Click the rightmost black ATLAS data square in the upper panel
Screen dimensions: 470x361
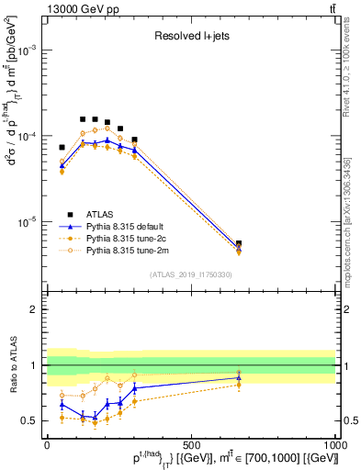(x=239, y=244)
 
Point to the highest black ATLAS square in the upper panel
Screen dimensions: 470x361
(x=83, y=119)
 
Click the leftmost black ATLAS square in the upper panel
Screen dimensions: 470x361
(x=62, y=147)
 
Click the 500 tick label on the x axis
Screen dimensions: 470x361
(x=191, y=444)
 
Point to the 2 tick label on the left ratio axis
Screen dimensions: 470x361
(x=34, y=310)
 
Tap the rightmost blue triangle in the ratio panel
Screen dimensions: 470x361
(x=239, y=377)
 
